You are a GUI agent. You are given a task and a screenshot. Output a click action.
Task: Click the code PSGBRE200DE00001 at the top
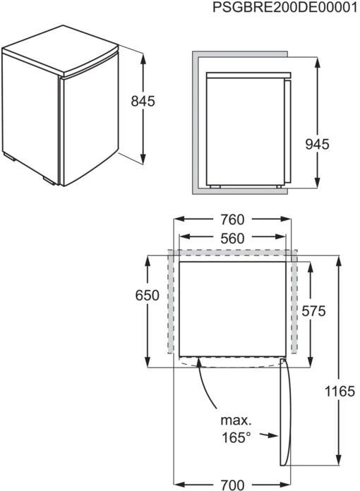284,7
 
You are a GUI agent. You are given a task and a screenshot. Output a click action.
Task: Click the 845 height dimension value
143,101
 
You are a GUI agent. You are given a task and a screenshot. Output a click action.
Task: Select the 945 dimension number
318,145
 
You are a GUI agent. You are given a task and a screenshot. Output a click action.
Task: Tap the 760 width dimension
232,220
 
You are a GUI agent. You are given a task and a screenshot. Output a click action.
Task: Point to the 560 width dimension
232,238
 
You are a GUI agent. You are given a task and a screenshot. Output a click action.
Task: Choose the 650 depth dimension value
148,296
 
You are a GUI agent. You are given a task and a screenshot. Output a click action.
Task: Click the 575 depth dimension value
313,311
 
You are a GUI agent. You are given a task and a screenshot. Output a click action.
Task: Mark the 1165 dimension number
340,392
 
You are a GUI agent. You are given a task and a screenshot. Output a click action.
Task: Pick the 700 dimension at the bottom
232,485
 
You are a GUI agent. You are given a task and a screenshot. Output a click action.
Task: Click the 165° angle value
236,437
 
